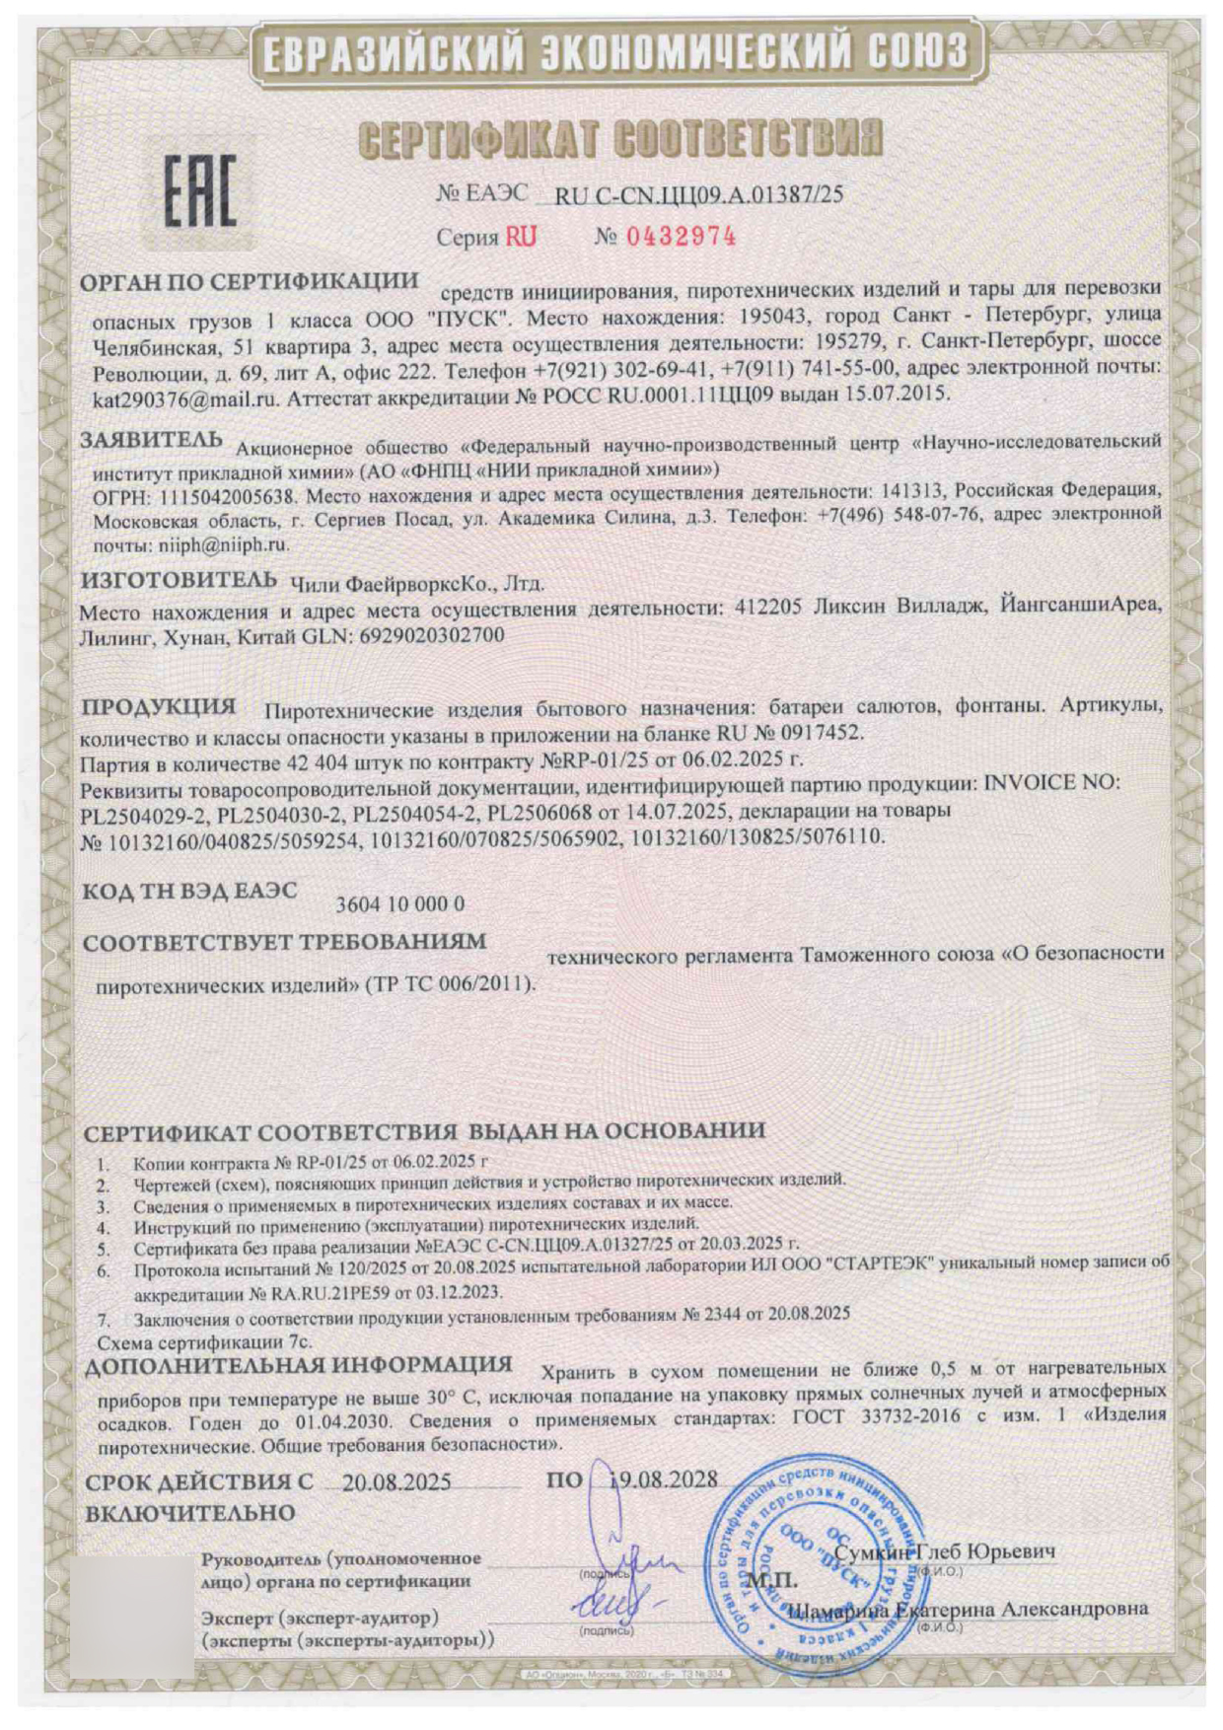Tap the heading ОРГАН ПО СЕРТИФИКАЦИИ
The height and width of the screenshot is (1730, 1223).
(249, 282)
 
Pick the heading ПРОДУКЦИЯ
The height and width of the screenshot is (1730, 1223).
(157, 706)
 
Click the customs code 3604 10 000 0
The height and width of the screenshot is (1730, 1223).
(400, 903)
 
